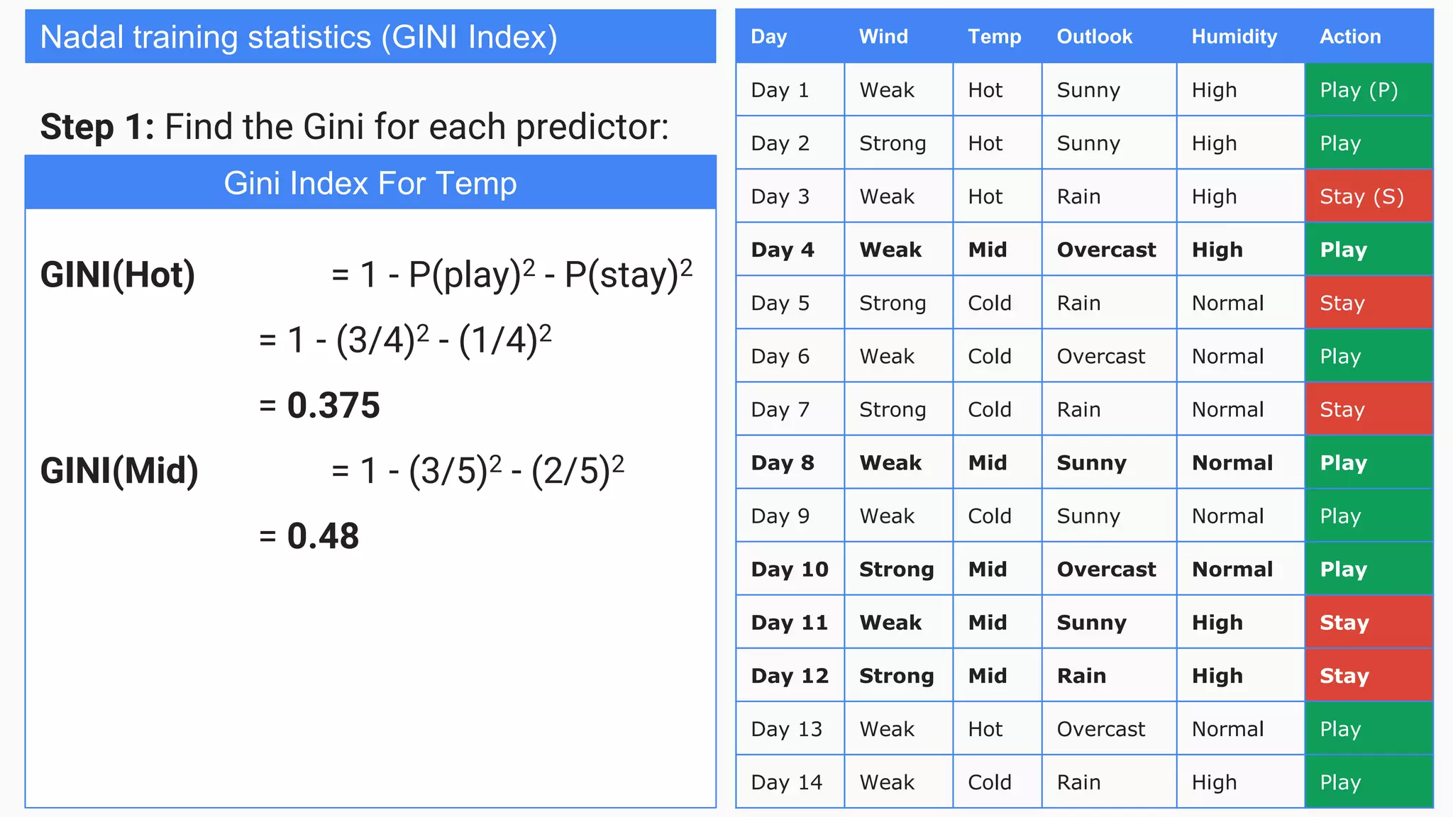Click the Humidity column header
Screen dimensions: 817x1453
[x=1234, y=37]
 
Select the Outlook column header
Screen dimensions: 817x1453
[x=1094, y=37]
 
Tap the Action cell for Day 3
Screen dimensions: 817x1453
[x=1361, y=196]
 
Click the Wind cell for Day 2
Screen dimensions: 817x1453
[x=893, y=143]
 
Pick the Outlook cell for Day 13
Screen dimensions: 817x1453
[x=1100, y=729]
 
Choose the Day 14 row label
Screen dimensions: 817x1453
[x=786, y=782]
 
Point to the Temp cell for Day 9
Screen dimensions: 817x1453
[x=990, y=516]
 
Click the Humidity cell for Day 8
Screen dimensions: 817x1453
[x=1232, y=463]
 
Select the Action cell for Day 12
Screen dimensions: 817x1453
[x=1344, y=676]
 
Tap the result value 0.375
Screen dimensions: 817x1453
[x=333, y=406]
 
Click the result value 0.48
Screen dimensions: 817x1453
[x=323, y=536]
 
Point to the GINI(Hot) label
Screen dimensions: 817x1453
[x=118, y=275]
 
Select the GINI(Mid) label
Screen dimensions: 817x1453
[x=119, y=471]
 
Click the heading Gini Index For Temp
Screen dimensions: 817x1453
[x=370, y=183]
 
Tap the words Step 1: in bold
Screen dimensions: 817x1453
[x=97, y=128]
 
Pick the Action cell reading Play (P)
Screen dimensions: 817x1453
[x=1359, y=90]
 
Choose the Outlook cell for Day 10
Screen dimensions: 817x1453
[x=1106, y=569]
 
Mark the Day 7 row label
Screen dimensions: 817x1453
[x=780, y=410]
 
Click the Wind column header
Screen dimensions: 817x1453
[x=883, y=37]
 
